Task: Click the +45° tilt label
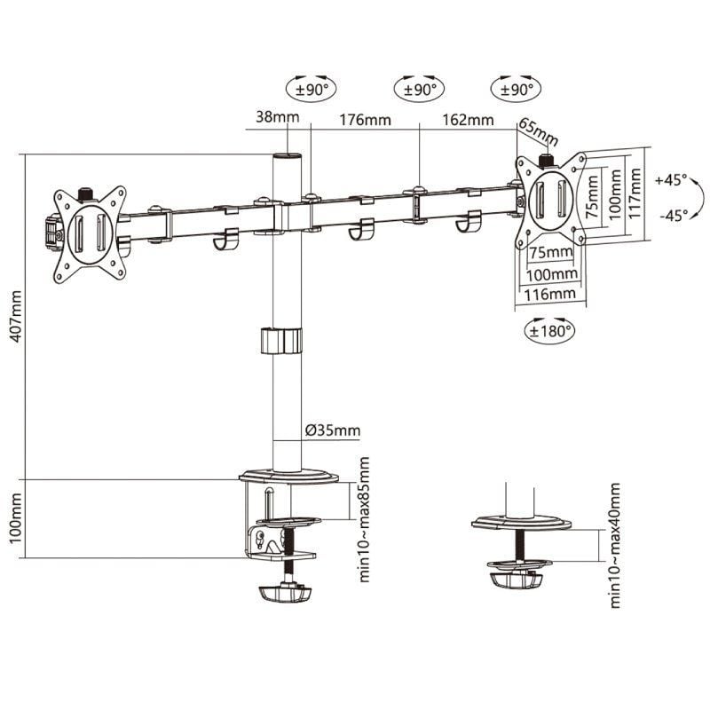tap(672, 179)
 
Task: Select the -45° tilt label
tap(672, 215)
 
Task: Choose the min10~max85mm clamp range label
tap(364, 518)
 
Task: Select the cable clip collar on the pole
tap(281, 341)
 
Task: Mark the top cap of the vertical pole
tap(287, 156)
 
